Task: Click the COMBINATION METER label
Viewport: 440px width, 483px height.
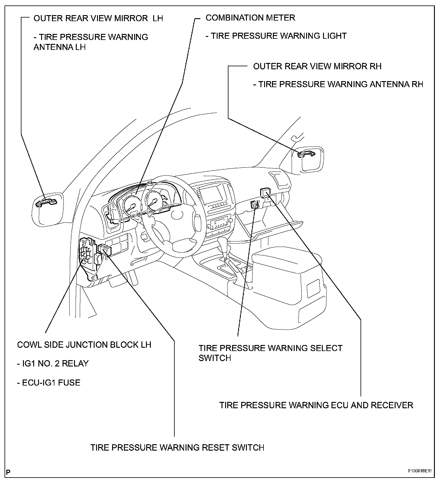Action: tap(250, 18)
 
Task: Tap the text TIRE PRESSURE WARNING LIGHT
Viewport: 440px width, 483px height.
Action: tap(276, 36)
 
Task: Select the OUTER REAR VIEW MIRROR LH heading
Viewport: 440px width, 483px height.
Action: tap(98, 18)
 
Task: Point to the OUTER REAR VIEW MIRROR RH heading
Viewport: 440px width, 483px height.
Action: tap(317, 66)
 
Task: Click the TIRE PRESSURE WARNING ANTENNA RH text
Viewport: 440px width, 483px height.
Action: tap(338, 84)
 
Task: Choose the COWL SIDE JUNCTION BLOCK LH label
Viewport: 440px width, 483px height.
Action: tap(84, 345)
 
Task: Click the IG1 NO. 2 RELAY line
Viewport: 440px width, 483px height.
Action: tap(53, 363)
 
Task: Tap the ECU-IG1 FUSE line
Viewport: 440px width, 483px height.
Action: tap(49, 383)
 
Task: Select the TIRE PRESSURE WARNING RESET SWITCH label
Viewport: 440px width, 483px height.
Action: tap(177, 447)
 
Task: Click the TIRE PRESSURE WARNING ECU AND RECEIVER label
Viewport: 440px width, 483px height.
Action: tap(316, 405)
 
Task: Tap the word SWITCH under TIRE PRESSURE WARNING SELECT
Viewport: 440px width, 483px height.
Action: tap(215, 358)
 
